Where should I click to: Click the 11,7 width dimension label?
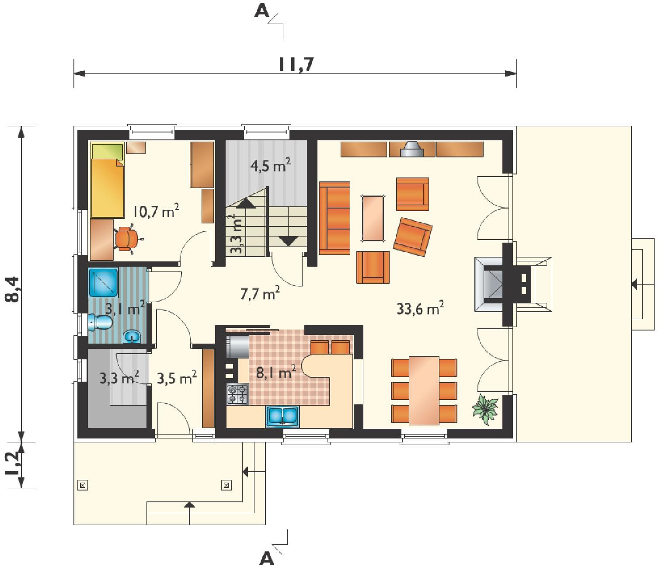[x=296, y=64]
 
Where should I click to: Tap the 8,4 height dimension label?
[x=13, y=289]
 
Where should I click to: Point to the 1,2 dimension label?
[x=13, y=465]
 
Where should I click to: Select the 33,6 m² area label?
[x=420, y=308]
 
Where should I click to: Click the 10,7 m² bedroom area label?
[x=156, y=211]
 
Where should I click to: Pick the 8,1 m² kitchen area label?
[x=276, y=372]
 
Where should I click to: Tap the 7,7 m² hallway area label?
[x=260, y=292]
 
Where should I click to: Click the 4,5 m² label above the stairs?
[x=270, y=166]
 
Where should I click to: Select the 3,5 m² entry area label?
[x=177, y=378]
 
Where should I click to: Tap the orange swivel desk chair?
[x=128, y=239]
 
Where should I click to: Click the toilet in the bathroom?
[x=99, y=322]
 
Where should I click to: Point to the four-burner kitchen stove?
[x=237, y=394]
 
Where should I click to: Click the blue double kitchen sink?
[x=282, y=416]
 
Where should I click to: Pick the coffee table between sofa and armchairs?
[x=373, y=218]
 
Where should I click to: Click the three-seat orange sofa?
[x=334, y=218]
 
